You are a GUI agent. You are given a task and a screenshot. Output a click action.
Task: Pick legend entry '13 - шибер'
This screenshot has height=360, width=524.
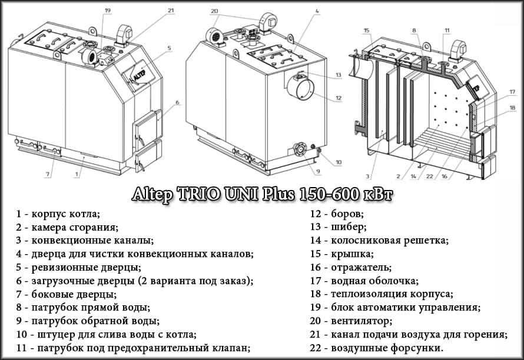click(338, 226)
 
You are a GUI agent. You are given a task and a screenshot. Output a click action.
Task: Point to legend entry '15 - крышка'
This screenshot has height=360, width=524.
click(341, 254)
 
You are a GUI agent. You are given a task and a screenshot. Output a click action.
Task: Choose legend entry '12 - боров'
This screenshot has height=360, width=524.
click(337, 213)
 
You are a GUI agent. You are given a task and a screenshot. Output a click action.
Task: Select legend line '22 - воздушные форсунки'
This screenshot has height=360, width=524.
click(377, 348)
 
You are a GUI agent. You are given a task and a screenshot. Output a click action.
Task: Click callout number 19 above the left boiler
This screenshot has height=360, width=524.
click(108, 11)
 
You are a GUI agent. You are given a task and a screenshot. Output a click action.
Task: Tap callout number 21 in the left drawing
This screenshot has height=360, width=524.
click(171, 11)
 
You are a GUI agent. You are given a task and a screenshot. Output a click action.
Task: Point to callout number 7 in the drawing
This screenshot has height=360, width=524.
click(47, 174)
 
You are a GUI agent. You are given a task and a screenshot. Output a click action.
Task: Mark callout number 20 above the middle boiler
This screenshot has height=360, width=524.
click(214, 11)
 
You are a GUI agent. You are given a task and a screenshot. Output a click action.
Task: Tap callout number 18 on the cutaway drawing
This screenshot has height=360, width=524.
click(512, 108)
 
